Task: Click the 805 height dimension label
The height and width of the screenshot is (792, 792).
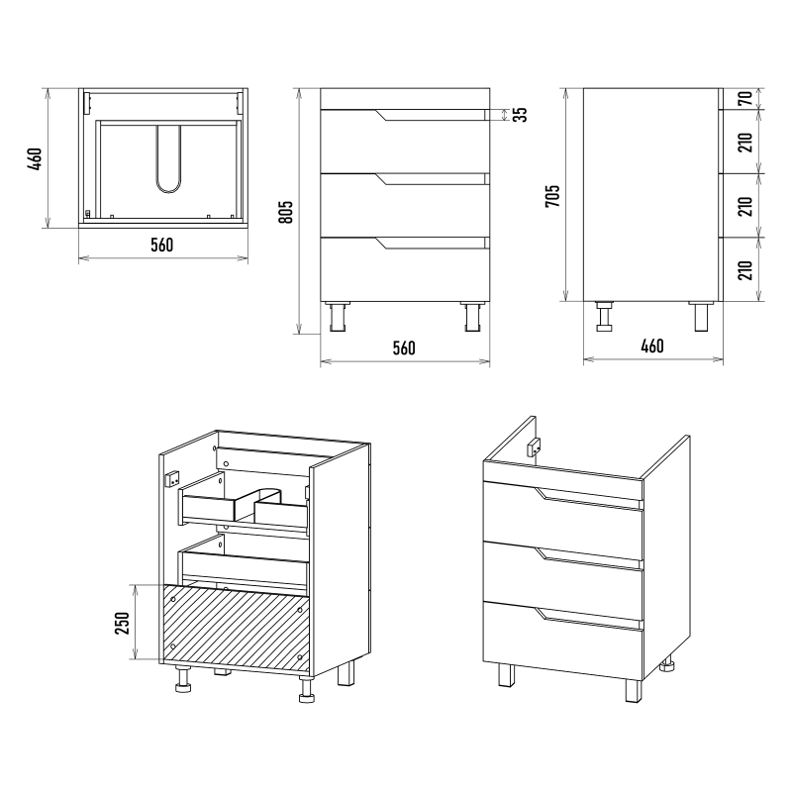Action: (285, 213)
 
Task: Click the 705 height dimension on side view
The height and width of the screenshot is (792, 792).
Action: (552, 195)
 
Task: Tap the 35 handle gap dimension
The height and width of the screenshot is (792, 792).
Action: (522, 114)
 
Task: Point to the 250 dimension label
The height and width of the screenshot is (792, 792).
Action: (123, 623)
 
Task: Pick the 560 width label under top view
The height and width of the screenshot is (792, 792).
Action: (162, 245)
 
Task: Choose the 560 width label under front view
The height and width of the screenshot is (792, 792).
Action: (404, 348)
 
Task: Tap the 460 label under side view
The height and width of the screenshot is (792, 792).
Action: (652, 346)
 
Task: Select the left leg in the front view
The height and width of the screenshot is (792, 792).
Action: (338, 317)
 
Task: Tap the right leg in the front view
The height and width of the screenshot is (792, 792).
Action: (472, 317)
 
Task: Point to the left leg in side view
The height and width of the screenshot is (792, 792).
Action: (604, 316)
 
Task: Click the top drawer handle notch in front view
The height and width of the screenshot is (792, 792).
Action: (432, 115)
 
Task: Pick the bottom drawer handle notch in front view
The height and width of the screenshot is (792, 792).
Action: (432, 243)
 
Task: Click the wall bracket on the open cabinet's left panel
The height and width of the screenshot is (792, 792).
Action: (172, 478)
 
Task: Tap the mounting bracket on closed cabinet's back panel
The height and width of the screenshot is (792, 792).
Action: (534, 446)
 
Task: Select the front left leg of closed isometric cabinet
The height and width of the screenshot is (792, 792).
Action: (506, 674)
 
